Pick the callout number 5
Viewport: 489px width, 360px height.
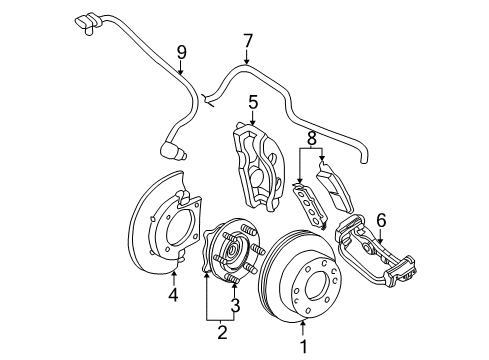254,101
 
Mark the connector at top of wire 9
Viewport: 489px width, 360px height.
88,19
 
